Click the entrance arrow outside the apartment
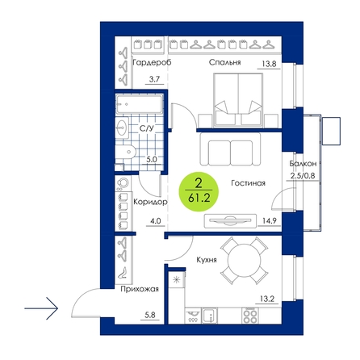pyautogui.click(x=41, y=308)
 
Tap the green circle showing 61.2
pyautogui.click(x=199, y=191)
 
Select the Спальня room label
pyautogui.click(x=224, y=62)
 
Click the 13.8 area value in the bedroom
pyautogui.click(x=269, y=64)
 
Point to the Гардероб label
pyautogui.click(x=152, y=63)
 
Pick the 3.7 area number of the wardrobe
pyautogui.click(x=154, y=79)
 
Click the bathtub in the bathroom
pyautogui.click(x=140, y=103)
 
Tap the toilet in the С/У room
pyautogui.click(x=125, y=152)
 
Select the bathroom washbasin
pyautogui.click(x=122, y=128)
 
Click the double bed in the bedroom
pyautogui.click(x=238, y=99)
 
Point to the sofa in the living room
pyautogui.click(x=230, y=149)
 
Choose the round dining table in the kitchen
pyautogui.click(x=244, y=261)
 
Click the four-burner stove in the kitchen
pyautogui.click(x=250, y=316)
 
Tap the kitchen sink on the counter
pyautogui.click(x=210, y=316)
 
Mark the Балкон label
pyautogui.click(x=303, y=164)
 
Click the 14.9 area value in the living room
pyautogui.click(x=270, y=221)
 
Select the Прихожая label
pyautogui.click(x=140, y=289)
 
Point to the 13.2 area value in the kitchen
pyautogui.click(x=267, y=299)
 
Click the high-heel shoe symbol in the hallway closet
pyautogui.click(x=123, y=273)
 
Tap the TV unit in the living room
pyautogui.click(x=230, y=221)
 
